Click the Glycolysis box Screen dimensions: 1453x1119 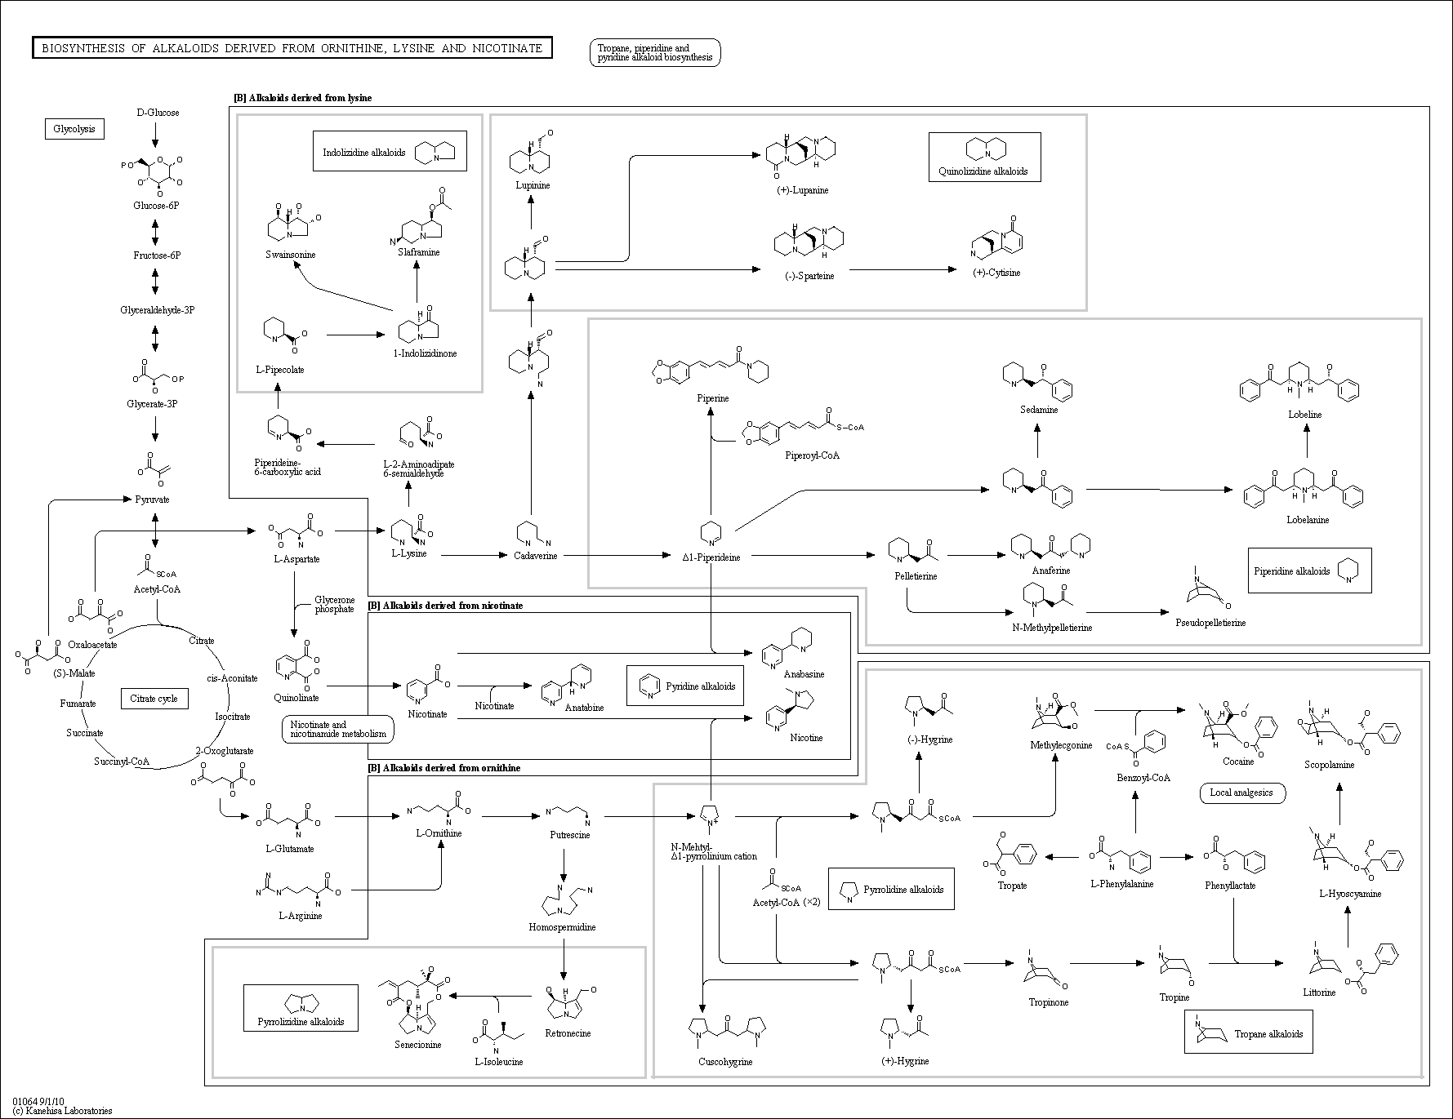pos(74,129)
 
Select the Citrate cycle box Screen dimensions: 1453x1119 pos(154,699)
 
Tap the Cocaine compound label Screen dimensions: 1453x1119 pos(1238,762)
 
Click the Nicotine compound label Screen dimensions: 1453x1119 pos(806,738)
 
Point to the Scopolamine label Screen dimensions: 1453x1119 pos(1329,765)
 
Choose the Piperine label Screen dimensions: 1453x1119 pos(712,398)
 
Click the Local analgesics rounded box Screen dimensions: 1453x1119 pos(1241,793)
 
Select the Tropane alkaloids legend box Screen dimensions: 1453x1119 pos(1249,1034)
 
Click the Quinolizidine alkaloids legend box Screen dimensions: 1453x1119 pos(984,157)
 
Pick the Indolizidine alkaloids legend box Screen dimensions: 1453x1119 pos(390,152)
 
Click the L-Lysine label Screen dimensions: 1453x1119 pos(409,554)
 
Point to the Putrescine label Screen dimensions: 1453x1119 pos(569,835)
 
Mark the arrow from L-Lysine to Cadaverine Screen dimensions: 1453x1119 pos(474,555)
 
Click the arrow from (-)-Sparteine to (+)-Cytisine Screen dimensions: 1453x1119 pos(903,269)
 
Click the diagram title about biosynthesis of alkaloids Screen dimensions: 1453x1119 pos(292,48)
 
